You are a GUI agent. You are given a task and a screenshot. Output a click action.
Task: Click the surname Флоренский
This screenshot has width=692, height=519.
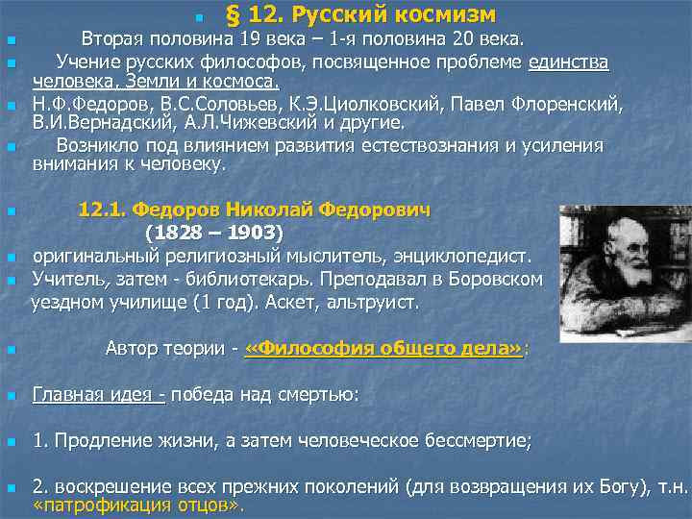click(566, 104)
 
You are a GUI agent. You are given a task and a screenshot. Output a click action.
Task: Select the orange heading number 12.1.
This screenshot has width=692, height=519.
click(101, 210)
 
